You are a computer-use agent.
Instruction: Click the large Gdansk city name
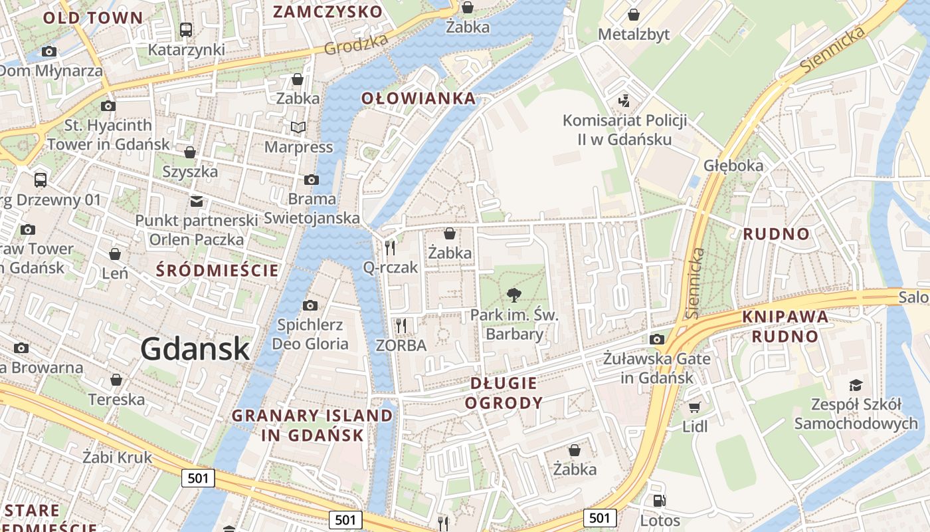click(195, 349)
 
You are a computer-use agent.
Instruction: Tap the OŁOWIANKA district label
click(418, 99)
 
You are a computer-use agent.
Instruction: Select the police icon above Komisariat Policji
click(624, 101)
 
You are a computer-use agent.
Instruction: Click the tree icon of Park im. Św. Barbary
click(513, 295)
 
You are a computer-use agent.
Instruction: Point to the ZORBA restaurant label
click(401, 345)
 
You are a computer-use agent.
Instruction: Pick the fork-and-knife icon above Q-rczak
click(390, 248)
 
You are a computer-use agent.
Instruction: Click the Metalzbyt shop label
click(634, 35)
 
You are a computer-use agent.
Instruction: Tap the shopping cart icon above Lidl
click(694, 407)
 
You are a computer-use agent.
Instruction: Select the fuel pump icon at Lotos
click(659, 501)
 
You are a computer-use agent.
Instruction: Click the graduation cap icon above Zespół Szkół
click(856, 385)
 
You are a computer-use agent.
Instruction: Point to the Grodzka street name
click(356, 45)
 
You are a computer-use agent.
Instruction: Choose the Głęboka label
click(733, 166)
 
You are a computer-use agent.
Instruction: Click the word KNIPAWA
click(785, 317)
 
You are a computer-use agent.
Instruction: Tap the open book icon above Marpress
click(298, 127)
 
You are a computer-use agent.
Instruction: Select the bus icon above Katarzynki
click(186, 30)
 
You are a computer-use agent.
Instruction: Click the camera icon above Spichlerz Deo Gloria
click(310, 305)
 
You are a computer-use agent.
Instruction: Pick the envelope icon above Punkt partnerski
click(197, 201)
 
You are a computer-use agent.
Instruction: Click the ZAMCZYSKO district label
click(327, 11)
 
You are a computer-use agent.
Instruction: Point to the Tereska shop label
click(116, 399)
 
